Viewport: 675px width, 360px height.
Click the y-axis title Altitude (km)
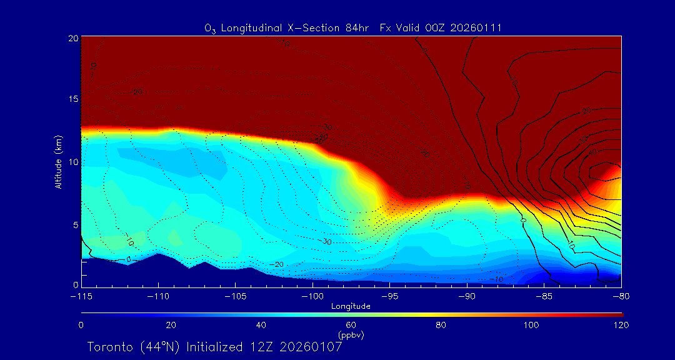58,162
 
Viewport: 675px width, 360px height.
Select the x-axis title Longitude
351,306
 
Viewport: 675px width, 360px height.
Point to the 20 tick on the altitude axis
72,38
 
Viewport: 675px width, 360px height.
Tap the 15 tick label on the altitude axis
72,99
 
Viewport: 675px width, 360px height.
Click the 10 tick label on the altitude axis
72,162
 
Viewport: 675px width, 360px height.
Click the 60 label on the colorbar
351,325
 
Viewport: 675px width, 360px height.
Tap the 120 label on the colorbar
621,325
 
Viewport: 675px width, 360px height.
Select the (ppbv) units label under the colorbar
351,335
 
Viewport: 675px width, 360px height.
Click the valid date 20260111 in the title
477,28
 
